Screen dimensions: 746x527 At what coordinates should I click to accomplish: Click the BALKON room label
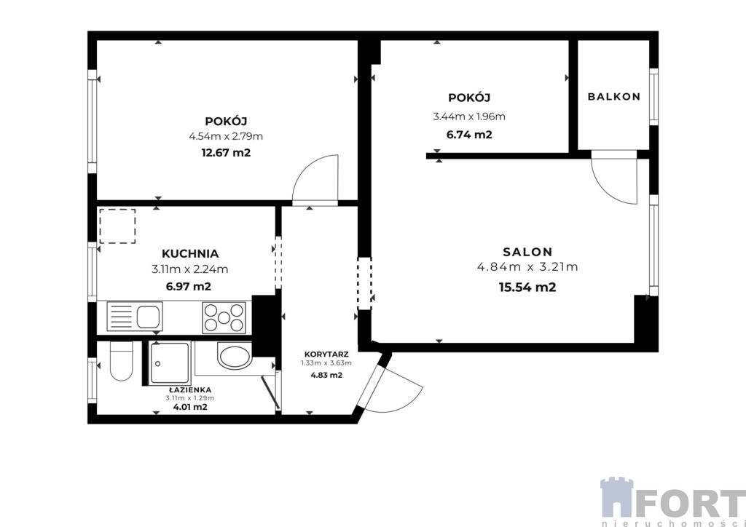click(613, 97)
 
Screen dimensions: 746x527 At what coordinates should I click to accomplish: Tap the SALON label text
click(527, 252)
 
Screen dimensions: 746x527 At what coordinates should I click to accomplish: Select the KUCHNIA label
click(190, 253)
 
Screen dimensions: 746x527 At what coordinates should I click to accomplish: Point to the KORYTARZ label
click(326, 354)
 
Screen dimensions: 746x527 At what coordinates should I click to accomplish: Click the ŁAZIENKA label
click(189, 389)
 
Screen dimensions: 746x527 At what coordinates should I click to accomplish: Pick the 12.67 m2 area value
click(227, 153)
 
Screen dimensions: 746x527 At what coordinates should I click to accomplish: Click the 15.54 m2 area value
click(527, 287)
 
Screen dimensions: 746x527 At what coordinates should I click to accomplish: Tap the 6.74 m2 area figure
click(469, 135)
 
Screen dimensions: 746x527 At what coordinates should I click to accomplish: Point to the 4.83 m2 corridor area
click(326, 375)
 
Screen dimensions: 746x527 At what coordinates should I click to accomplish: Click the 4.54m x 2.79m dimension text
click(226, 137)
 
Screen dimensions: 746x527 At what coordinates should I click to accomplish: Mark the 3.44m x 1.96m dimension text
click(469, 116)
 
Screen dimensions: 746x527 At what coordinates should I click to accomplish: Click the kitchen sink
click(135, 316)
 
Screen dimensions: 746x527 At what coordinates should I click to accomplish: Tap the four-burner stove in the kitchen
click(224, 317)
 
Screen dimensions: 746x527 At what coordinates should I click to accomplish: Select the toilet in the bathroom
click(121, 361)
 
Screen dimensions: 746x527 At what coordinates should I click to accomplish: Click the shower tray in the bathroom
click(170, 363)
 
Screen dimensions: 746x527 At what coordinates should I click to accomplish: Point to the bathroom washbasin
click(235, 355)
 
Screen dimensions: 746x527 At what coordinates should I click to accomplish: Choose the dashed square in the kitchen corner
click(117, 226)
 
